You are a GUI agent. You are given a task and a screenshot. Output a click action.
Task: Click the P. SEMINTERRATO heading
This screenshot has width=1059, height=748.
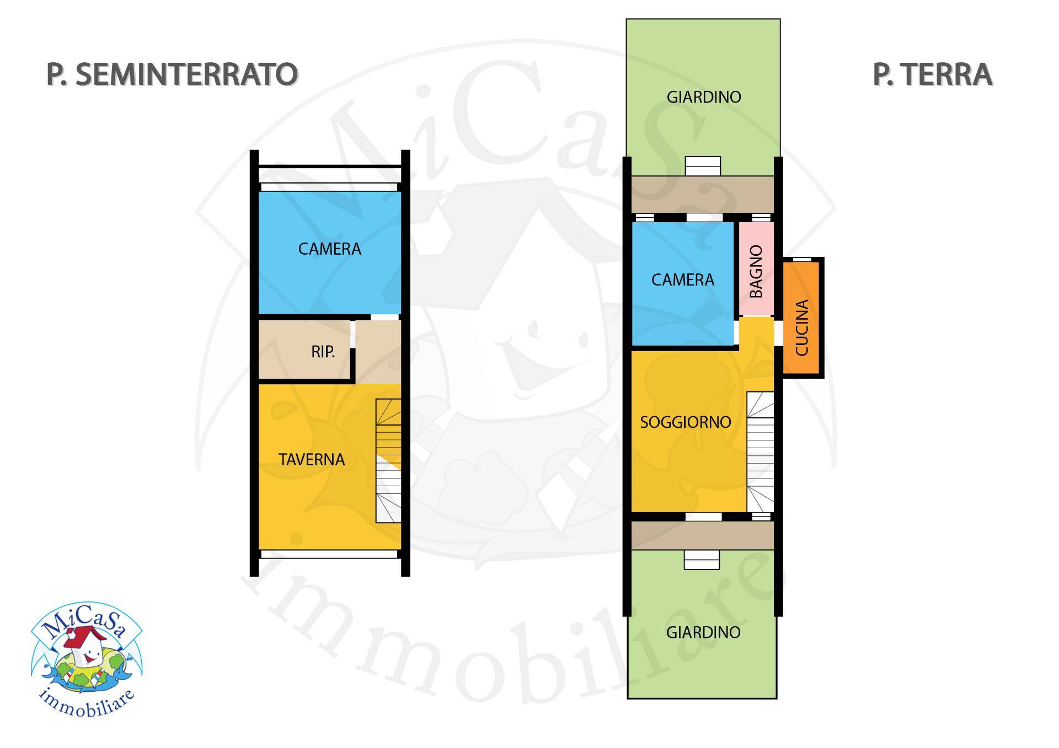(172, 74)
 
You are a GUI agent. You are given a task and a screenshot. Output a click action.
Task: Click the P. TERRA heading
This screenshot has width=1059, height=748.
(932, 75)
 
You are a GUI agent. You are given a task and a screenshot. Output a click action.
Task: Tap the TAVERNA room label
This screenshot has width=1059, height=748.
(312, 459)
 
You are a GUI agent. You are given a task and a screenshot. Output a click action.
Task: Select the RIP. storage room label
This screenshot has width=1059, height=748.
(323, 352)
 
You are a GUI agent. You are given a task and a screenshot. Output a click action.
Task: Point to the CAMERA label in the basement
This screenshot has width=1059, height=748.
(329, 249)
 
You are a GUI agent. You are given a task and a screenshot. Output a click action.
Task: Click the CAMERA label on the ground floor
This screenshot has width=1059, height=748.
(682, 280)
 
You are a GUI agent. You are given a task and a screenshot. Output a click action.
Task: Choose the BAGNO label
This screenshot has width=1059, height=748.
(757, 271)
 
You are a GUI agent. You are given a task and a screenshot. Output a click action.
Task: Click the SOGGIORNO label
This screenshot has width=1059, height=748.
(685, 422)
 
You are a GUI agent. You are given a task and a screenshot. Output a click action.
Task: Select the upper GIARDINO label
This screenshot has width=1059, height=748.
(703, 97)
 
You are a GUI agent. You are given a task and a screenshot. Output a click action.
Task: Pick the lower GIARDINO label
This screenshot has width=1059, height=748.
(703, 632)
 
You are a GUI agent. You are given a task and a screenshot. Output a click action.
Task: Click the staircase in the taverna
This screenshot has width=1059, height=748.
(388, 460)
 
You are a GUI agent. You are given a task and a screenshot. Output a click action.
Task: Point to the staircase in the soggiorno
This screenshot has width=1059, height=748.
(760, 452)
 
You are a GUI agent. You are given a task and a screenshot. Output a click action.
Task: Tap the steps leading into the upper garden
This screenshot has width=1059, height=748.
(703, 166)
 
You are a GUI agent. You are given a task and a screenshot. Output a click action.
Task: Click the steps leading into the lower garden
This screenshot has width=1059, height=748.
(702, 560)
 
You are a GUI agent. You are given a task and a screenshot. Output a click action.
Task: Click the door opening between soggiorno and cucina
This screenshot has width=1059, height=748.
(778, 333)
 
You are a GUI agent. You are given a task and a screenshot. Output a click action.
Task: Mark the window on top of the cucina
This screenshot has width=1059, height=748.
(801, 259)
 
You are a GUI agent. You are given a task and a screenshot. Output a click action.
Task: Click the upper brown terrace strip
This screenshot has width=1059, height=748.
(702, 194)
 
